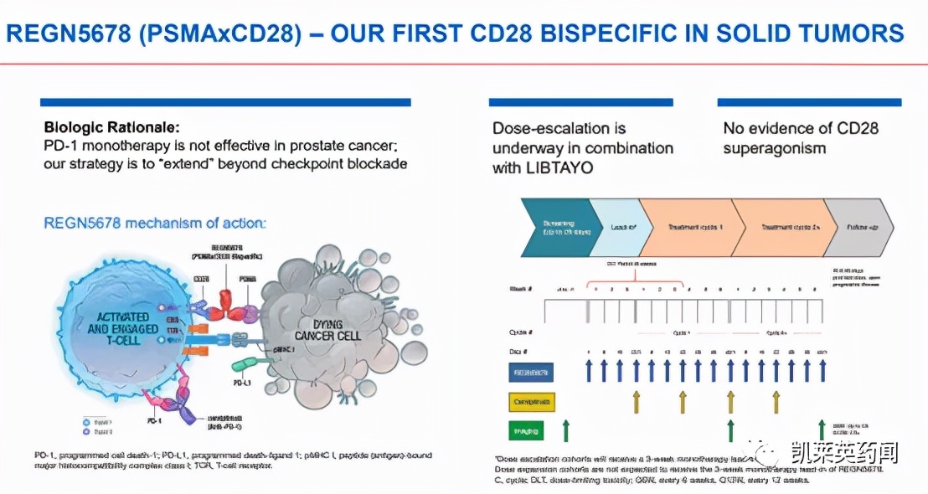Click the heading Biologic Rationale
(x=111, y=128)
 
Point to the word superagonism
(x=775, y=148)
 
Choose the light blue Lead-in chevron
(x=621, y=227)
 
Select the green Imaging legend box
(x=527, y=431)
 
